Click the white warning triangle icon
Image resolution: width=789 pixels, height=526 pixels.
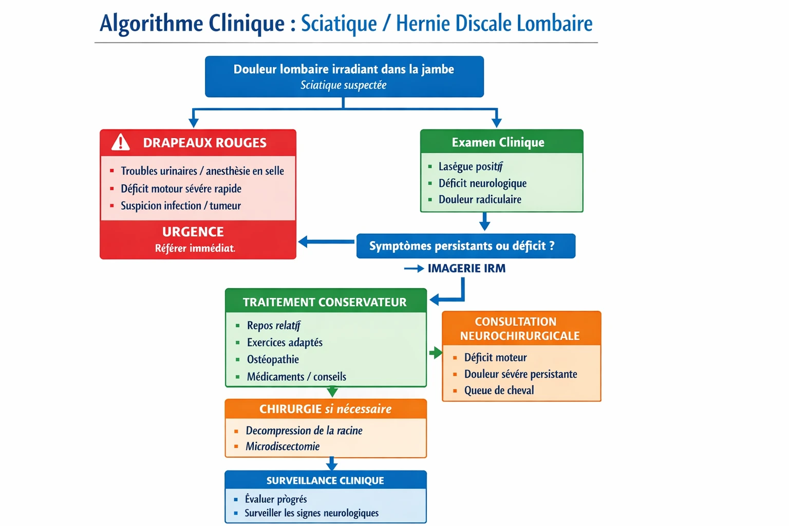point(121,142)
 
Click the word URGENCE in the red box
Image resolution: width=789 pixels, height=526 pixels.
point(193,232)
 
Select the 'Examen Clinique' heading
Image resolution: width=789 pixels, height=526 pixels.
point(498,142)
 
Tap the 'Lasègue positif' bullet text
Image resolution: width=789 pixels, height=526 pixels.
point(471,166)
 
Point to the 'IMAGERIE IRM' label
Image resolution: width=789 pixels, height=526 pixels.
point(466,268)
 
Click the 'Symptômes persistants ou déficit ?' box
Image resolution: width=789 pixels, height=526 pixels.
point(465,246)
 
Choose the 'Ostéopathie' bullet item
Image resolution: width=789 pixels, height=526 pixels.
point(273,360)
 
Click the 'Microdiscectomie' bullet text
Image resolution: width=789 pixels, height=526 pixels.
point(283,446)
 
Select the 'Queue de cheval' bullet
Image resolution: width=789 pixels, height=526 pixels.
point(499,390)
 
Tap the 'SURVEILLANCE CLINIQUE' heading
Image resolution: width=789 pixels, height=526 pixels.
point(325,480)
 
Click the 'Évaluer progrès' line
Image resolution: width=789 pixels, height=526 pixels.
point(276,499)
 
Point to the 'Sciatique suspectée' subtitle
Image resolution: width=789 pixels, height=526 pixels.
point(344,85)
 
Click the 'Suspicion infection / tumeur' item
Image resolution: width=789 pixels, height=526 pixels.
point(181,205)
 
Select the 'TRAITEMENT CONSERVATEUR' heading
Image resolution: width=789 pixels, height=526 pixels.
point(325,302)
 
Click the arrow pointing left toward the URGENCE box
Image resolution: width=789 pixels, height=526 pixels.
point(326,241)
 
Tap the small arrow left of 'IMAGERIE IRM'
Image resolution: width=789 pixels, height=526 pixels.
point(414,268)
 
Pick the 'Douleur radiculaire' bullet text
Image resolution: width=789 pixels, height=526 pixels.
point(480,199)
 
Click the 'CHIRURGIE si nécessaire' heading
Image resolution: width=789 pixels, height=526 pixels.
point(325,409)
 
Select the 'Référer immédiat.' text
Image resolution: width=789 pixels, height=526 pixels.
point(195,249)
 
